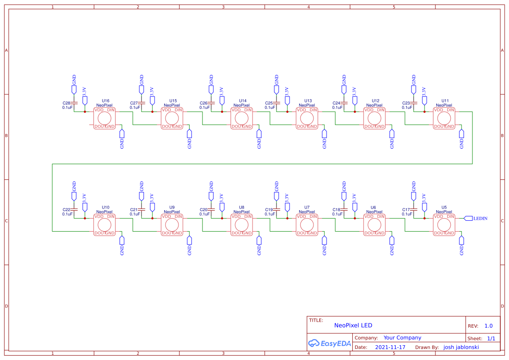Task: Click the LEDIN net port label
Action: pos(480,218)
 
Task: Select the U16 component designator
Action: pos(105,101)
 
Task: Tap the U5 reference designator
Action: pos(444,207)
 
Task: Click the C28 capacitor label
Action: pos(67,103)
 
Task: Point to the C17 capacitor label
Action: pos(406,210)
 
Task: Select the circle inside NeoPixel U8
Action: pos(242,225)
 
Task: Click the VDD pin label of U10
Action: pos(99,216)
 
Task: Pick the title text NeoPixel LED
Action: pos(353,325)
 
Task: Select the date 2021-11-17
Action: pos(390,347)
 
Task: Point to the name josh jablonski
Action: pos(461,347)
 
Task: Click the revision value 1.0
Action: pos(489,326)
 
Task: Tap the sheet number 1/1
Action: pos(491,338)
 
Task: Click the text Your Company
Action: pos(402,338)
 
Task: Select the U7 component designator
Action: pos(307,207)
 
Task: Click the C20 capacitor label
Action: pos(203,210)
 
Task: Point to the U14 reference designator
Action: pos(243,101)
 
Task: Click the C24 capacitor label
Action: pos(336,103)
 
